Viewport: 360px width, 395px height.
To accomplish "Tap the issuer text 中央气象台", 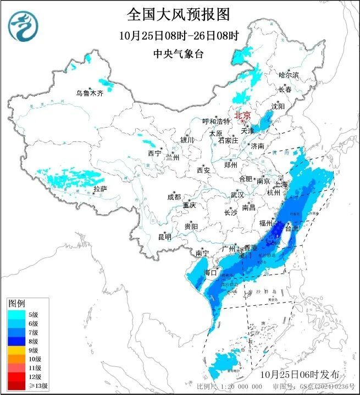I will [x=179, y=53].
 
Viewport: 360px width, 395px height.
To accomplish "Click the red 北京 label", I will [x=242, y=116].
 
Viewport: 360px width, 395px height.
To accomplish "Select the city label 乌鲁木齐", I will [x=90, y=93].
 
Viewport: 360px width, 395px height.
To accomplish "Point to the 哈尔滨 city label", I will [x=288, y=75].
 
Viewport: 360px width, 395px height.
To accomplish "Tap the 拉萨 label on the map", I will [x=99, y=189].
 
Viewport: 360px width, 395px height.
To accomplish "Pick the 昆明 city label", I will [x=164, y=237].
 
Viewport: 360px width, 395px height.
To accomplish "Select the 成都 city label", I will [x=174, y=197].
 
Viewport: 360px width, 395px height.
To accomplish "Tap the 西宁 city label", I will [x=154, y=153].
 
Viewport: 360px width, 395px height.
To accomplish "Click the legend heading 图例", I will [x=16, y=304].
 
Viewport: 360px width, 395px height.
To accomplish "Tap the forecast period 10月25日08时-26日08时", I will [x=179, y=36].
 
